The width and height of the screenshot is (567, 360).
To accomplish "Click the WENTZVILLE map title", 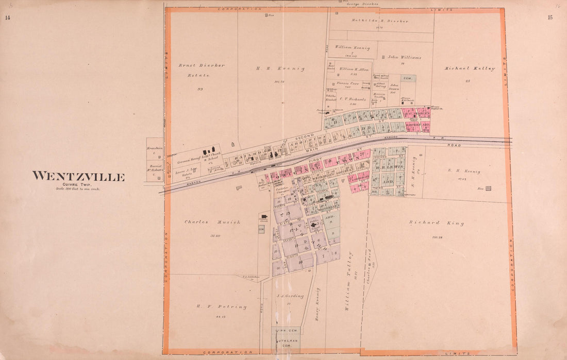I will (78, 177).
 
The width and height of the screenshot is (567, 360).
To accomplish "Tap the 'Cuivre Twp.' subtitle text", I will (78, 184).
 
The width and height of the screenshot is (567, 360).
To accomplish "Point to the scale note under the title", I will (78, 189).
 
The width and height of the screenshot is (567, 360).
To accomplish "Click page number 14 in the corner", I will (8, 18).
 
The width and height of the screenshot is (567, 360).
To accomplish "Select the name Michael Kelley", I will (470, 68).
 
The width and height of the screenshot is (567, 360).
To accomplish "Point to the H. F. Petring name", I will (214, 306).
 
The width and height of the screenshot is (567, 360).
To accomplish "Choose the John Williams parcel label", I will (405, 58).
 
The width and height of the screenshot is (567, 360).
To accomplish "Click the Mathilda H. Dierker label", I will (380, 21).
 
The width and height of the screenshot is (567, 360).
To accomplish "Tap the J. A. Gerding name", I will (290, 296).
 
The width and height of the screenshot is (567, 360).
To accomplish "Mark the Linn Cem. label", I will (285, 330).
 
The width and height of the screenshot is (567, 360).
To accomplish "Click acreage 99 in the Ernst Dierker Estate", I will (200, 89).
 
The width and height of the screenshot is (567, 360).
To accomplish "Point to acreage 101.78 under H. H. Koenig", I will (280, 81).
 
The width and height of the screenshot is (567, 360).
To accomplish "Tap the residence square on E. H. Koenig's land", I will (488, 188).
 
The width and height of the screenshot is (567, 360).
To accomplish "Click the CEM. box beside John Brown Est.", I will (408, 78).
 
